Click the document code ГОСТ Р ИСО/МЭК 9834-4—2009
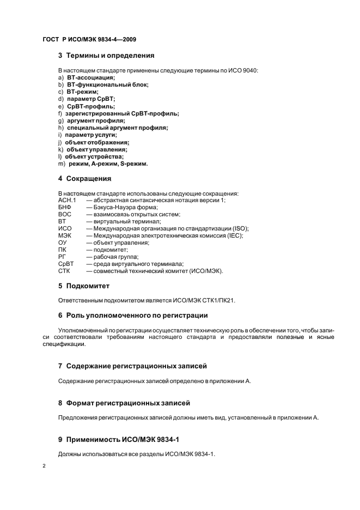(89, 39)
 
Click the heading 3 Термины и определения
(106, 55)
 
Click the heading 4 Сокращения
(84, 178)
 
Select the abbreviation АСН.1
(67, 200)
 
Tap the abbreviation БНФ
(64, 207)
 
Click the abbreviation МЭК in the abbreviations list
(65, 235)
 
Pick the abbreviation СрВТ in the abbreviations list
(66, 264)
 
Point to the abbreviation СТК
(64, 271)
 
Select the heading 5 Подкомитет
(84, 286)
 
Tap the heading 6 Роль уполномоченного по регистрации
(133, 315)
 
